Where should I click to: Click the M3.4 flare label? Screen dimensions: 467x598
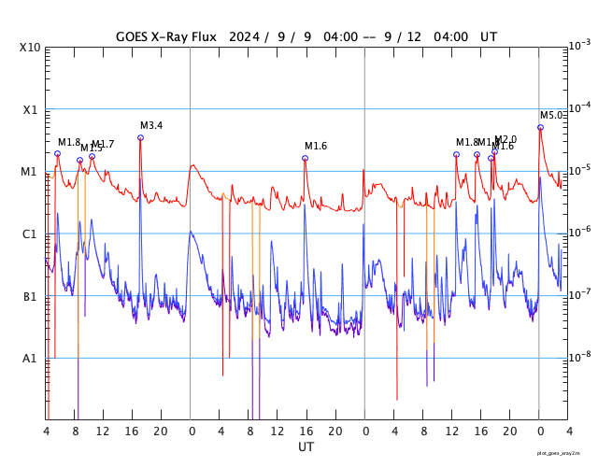pos(151,125)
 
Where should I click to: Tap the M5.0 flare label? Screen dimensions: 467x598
pos(551,115)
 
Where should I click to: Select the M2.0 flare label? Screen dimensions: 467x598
pos(505,139)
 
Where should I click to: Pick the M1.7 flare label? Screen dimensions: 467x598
pos(104,144)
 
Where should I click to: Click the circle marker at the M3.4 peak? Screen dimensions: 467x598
pos(140,137)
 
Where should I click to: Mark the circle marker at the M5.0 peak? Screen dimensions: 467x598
pos(540,127)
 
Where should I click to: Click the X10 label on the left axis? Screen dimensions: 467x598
pos(31,48)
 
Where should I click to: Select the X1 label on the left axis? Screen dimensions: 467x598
pos(31,109)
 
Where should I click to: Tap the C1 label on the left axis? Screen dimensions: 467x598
pos(31,234)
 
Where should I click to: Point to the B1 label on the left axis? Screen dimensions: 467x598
pos(31,297)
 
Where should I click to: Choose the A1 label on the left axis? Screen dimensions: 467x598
pos(31,359)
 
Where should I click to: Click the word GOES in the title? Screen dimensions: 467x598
pos(135,36)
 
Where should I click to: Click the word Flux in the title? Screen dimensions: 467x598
pos(201,36)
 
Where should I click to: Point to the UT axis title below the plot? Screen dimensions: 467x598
pos(306,447)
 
